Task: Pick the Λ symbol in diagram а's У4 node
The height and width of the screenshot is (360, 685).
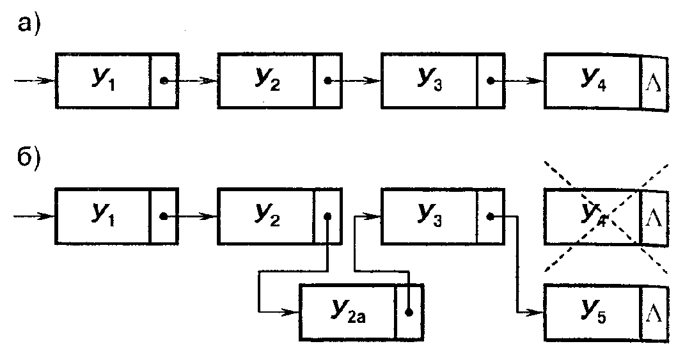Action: [654, 83]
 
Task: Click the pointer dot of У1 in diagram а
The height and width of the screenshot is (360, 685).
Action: [165, 81]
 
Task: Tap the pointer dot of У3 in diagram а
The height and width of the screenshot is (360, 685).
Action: [491, 81]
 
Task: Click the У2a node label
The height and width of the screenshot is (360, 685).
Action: [348, 311]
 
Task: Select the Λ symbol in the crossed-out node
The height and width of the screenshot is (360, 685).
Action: [654, 219]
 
